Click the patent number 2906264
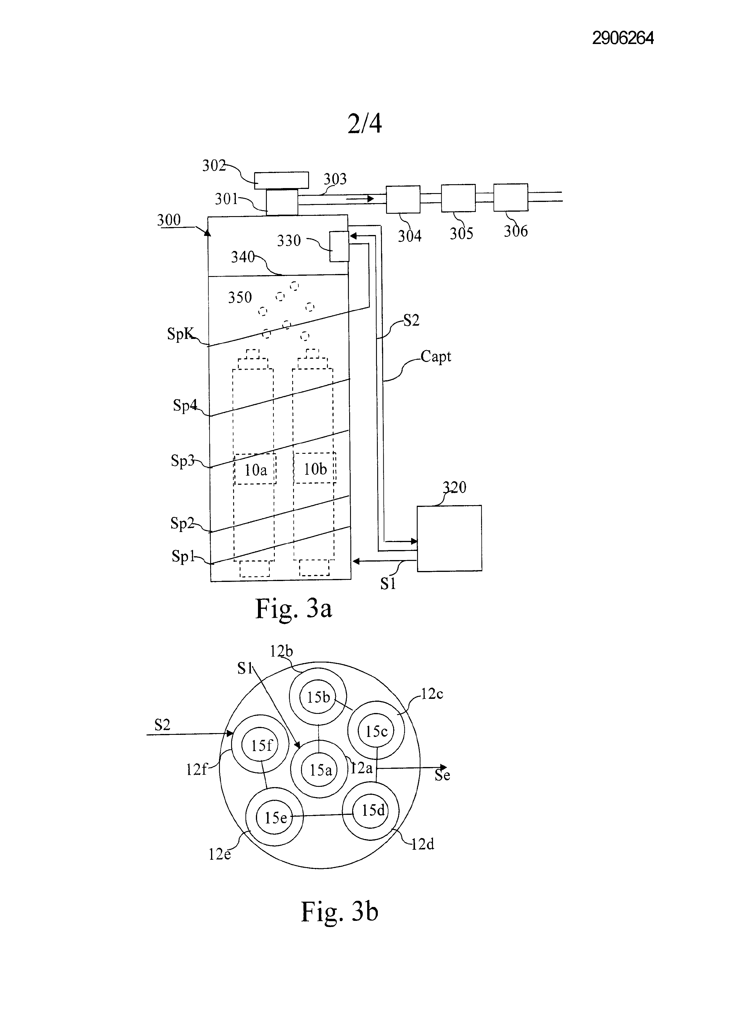click(623, 38)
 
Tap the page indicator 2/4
click(365, 123)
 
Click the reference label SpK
click(180, 334)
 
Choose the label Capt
click(436, 357)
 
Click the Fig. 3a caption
click(294, 609)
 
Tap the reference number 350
click(239, 297)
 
